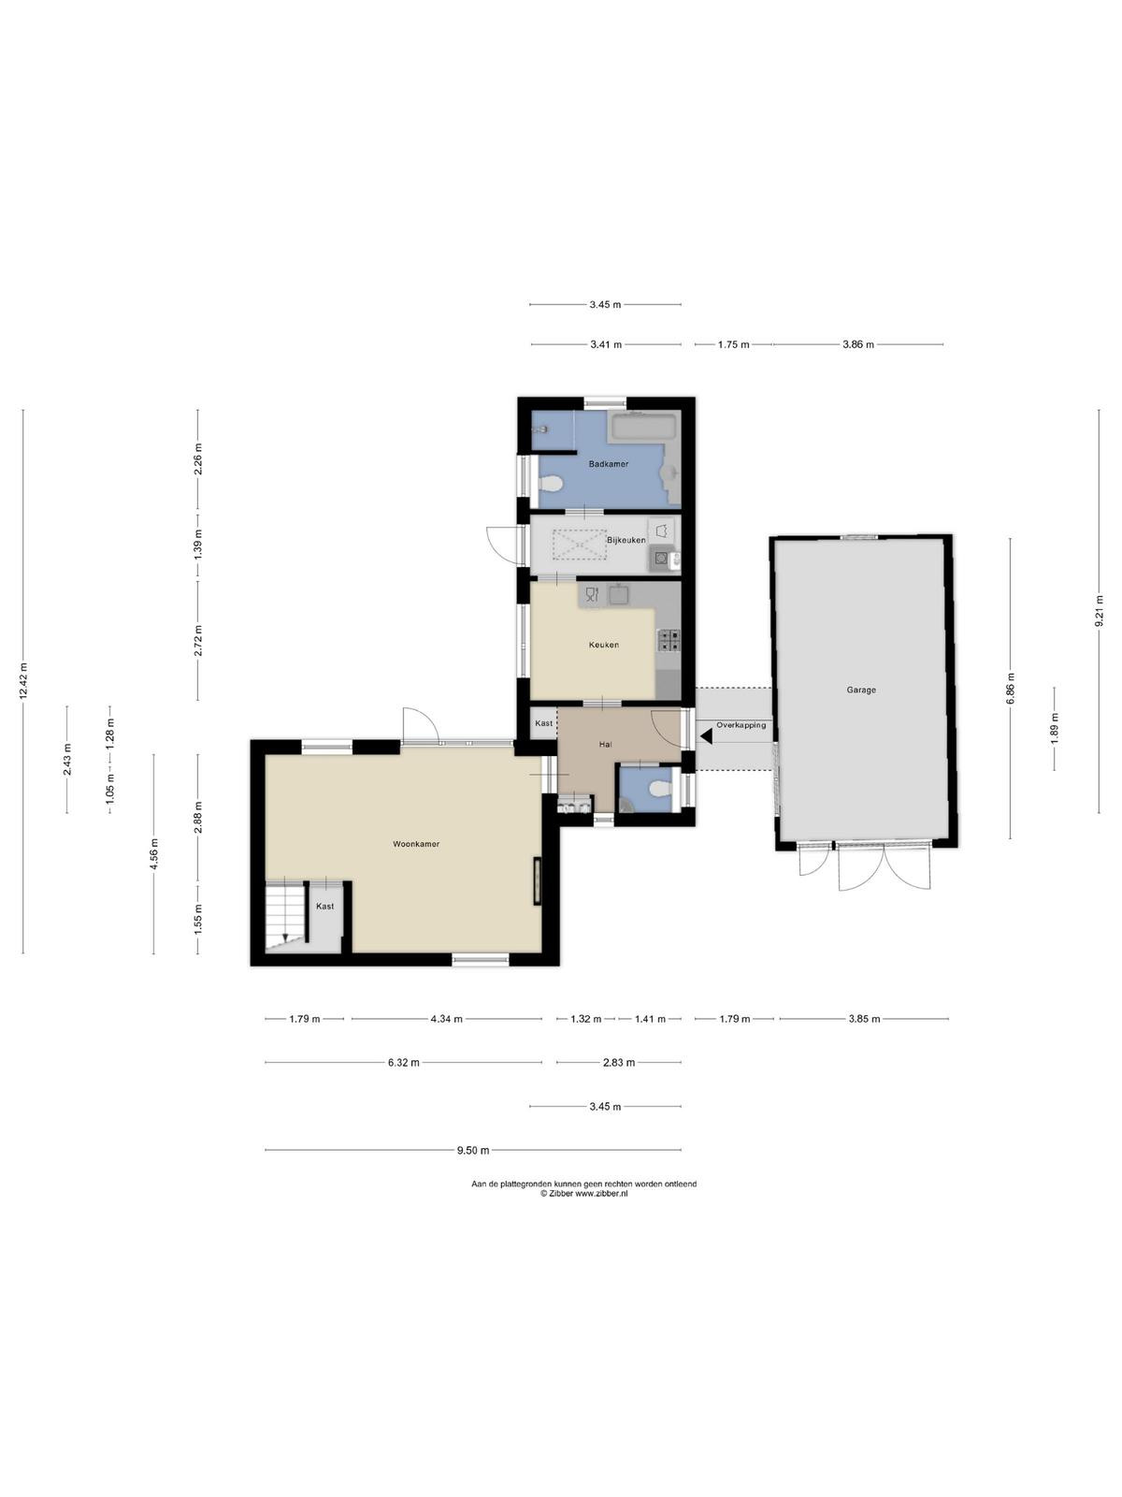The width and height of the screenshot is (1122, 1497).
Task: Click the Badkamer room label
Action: (609, 464)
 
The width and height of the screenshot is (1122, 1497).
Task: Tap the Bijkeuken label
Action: (626, 540)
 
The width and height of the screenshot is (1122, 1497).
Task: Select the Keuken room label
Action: (604, 645)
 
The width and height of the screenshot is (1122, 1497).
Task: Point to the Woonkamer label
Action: (415, 844)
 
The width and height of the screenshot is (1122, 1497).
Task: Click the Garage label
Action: (861, 690)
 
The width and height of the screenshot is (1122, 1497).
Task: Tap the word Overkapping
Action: (741, 725)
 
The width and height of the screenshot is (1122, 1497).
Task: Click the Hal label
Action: (605, 744)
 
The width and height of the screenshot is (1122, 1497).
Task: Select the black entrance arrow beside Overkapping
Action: (706, 736)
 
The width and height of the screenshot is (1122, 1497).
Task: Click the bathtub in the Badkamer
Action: (644, 428)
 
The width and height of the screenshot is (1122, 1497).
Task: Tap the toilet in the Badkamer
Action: (551, 485)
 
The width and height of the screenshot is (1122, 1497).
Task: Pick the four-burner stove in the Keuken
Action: (669, 640)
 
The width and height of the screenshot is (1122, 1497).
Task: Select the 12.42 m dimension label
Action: (23, 680)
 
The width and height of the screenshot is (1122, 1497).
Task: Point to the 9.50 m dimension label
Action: (473, 1150)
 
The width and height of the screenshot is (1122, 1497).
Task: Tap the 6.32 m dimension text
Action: (403, 1062)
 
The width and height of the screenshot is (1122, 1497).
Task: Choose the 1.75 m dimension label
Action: (733, 344)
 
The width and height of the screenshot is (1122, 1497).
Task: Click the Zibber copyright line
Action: (583, 1194)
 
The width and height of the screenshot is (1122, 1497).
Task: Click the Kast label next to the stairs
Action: (325, 907)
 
